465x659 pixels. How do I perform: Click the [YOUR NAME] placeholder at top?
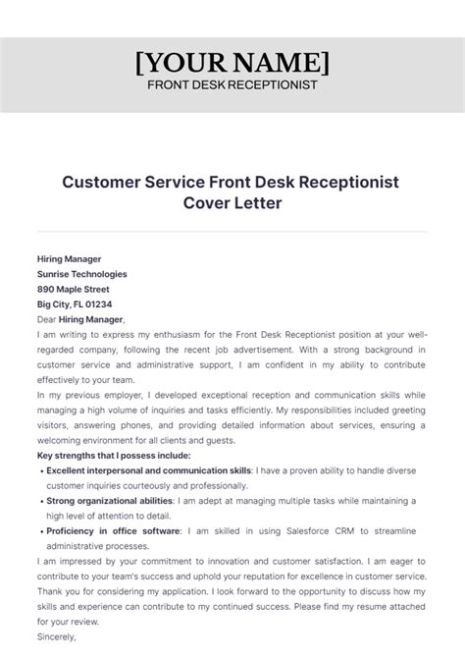click(232, 62)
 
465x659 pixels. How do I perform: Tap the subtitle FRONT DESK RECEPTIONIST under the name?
click(232, 84)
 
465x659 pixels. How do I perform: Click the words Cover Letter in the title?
click(232, 203)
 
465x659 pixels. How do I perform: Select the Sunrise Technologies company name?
click(81, 274)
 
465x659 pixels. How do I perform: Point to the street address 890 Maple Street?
click(74, 290)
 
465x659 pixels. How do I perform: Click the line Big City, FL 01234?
click(75, 304)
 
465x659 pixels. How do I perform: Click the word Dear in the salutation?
click(47, 319)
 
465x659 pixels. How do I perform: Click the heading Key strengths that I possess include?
click(114, 457)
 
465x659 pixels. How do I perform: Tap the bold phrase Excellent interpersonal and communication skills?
click(149, 472)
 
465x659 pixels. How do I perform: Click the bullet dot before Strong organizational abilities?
click(40, 503)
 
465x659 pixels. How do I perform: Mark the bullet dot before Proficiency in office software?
click(40, 533)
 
